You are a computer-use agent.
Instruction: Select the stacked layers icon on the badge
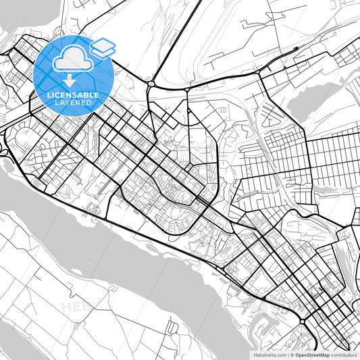click(103, 47)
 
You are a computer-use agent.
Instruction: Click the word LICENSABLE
click(73, 95)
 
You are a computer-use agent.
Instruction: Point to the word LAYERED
click(73, 103)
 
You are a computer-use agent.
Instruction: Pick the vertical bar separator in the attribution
click(288, 355)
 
